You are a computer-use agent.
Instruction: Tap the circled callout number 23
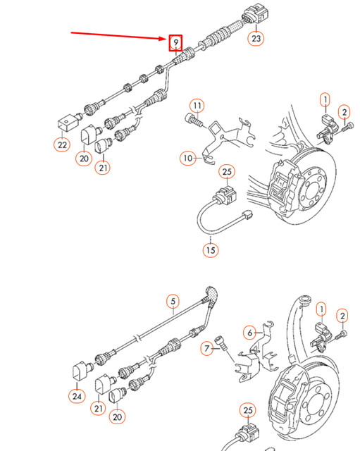(x=256, y=39)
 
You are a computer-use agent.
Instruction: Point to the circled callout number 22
(x=63, y=144)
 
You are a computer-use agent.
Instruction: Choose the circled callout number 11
(x=198, y=106)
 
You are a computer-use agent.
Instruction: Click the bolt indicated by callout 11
(x=192, y=121)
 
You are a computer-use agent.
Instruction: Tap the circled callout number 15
(x=211, y=249)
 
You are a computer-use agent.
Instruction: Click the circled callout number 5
(x=172, y=302)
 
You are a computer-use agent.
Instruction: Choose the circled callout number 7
(x=207, y=347)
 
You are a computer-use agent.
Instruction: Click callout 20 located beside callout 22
(x=85, y=159)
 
